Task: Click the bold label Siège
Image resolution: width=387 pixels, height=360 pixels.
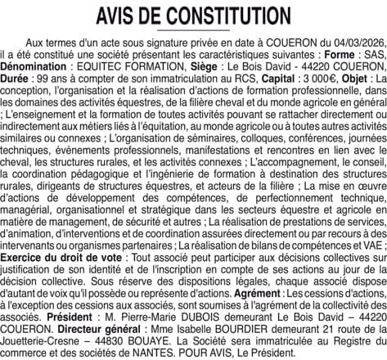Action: coord(209,61)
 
